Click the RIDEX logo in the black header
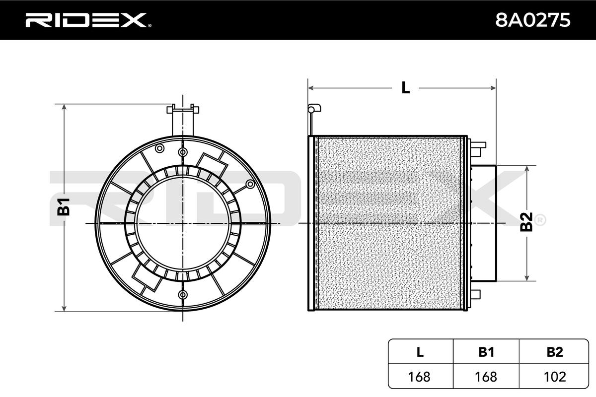[86, 20]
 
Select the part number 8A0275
[532, 20]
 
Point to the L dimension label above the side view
[405, 87]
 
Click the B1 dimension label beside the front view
[64, 207]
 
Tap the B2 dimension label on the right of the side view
[526, 222]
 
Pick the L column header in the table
[420, 352]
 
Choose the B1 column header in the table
[486, 352]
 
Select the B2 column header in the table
[555, 352]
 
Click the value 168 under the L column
[419, 377]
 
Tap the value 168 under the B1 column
[486, 377]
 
